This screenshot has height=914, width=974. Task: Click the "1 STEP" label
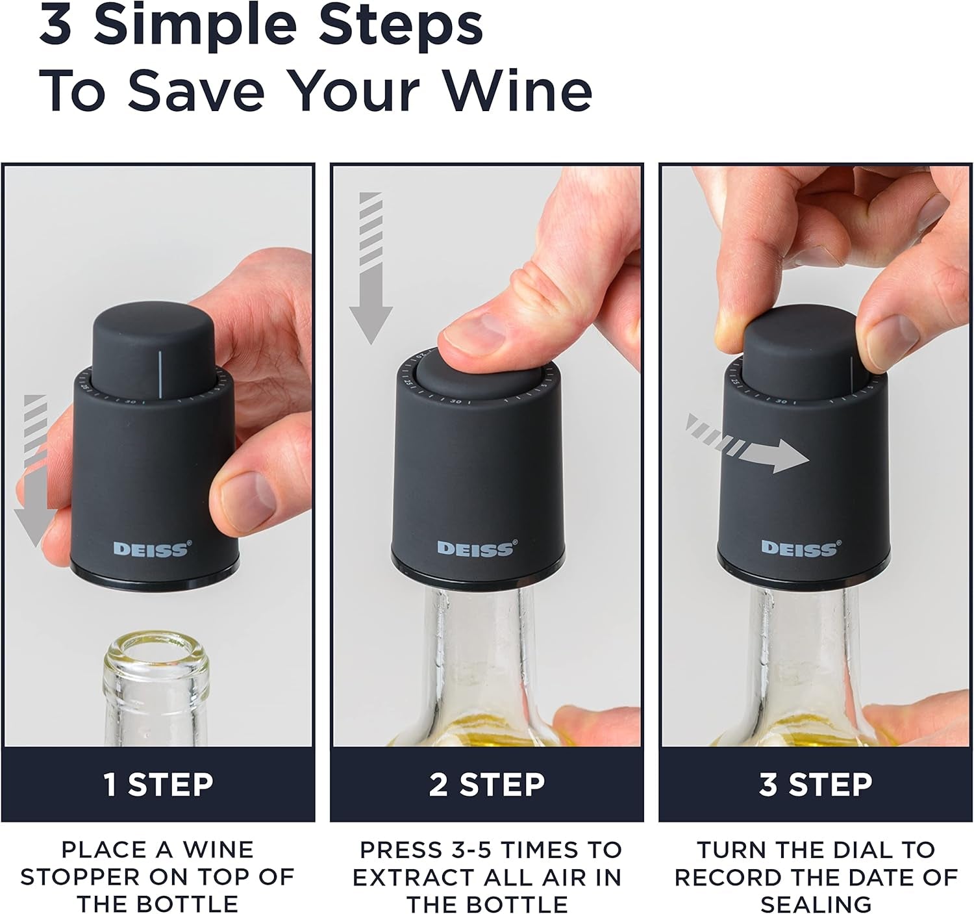pos(158,784)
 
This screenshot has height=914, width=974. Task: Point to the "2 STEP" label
pos(486,784)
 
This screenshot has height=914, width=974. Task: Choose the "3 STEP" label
pos(816,784)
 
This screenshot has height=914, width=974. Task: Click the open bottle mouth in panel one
pos(156,656)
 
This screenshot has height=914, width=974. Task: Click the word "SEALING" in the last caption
pos(816,904)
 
